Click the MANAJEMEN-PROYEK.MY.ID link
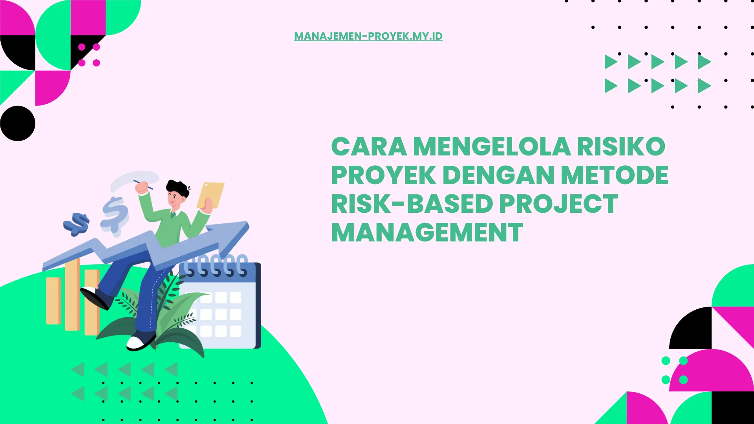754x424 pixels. tap(368, 36)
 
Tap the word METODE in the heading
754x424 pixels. tap(615, 175)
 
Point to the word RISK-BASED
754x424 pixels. tap(412, 204)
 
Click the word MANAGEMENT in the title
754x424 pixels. tap(427, 233)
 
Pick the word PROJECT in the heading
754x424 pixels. tap(558, 204)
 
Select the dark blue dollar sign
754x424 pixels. tap(77, 224)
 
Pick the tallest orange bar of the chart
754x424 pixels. tap(72, 294)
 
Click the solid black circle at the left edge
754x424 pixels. tap(18, 123)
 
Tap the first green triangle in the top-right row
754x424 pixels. tap(610, 62)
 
